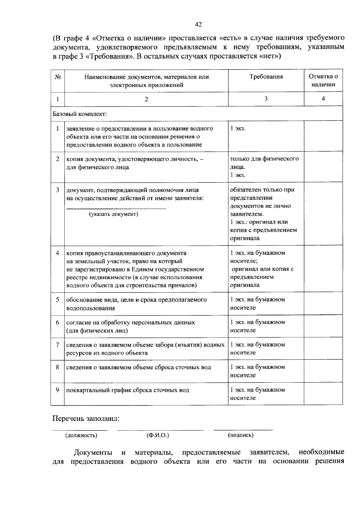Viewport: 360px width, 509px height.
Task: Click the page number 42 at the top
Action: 198,25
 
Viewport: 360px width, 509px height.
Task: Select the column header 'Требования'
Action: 266,77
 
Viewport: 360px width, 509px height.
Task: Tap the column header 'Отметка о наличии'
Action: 323,80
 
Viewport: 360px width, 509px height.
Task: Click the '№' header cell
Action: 58,77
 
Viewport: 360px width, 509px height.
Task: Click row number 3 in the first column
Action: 57,190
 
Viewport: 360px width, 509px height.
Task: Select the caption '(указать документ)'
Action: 113,214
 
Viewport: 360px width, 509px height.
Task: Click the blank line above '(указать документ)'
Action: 116,208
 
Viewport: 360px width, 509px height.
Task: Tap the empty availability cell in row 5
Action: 323,303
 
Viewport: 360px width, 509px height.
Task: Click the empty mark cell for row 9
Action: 323,394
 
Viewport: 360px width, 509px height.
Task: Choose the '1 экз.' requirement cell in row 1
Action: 238,129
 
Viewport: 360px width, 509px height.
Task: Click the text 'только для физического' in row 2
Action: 264,159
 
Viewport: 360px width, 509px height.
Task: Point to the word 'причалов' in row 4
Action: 183,285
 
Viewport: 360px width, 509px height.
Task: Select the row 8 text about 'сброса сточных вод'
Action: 138,367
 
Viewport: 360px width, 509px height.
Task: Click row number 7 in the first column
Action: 57,345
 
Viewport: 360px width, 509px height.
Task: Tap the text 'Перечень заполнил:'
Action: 86,418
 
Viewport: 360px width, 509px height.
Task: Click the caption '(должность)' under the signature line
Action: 81,435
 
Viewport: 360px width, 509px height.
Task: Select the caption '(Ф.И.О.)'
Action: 158,435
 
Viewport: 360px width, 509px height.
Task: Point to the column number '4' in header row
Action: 323,99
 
